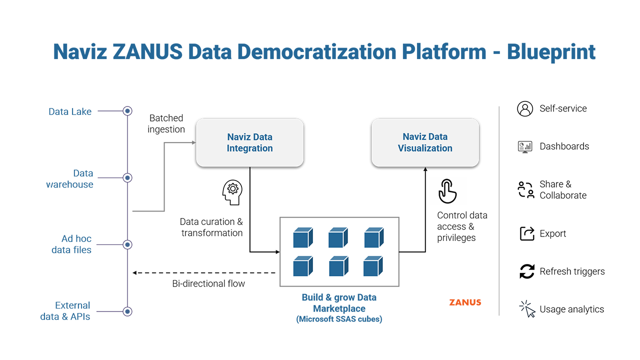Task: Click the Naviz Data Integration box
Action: point(249,142)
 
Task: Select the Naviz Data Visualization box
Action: point(425,142)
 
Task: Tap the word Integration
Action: point(249,148)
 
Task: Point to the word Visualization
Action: point(425,148)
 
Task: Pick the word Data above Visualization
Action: point(438,136)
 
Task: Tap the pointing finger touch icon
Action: point(445,190)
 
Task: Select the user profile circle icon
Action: point(525,109)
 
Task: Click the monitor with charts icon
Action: point(525,146)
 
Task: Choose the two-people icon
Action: point(525,190)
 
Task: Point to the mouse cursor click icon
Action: point(528,310)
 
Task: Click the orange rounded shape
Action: point(452,300)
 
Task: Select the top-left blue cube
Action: point(302,238)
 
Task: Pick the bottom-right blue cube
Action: point(373,266)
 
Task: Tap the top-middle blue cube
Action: point(338,238)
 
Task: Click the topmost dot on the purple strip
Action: point(128,110)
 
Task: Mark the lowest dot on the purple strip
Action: point(127,311)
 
